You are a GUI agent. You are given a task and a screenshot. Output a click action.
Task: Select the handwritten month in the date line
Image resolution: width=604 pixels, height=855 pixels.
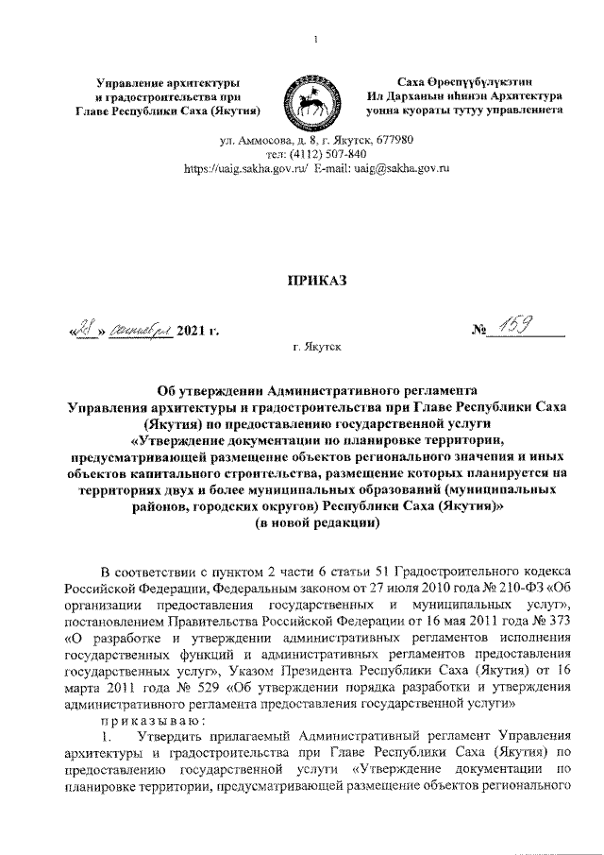click(139, 330)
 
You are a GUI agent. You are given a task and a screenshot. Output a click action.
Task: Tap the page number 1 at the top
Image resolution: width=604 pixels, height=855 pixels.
click(314, 39)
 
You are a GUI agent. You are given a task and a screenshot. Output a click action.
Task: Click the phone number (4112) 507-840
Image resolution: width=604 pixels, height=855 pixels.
click(327, 154)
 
